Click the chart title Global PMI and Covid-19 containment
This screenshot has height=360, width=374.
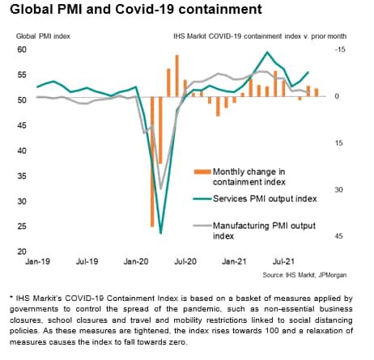(136, 10)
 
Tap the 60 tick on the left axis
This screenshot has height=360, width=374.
(22, 49)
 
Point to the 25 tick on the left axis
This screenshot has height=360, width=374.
(22, 226)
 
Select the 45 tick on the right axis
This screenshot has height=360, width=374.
(338, 236)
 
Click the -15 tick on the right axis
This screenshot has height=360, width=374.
(340, 49)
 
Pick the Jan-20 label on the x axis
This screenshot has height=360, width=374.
(136, 261)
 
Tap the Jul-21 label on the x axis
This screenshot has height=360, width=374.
(283, 261)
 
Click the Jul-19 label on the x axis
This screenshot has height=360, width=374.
(87, 261)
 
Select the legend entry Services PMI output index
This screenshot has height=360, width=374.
(265, 199)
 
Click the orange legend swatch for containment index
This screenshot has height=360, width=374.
(202, 172)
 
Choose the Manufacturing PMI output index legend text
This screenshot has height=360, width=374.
(264, 231)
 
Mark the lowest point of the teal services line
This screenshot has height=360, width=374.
(161, 233)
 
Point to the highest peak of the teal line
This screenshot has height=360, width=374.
(267, 52)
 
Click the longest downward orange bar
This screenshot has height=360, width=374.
(152, 162)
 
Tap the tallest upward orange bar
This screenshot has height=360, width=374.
(177, 76)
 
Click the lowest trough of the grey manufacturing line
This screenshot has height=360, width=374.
(161, 188)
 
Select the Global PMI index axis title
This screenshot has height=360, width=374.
(43, 36)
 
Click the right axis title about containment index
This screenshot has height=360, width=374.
(260, 36)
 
